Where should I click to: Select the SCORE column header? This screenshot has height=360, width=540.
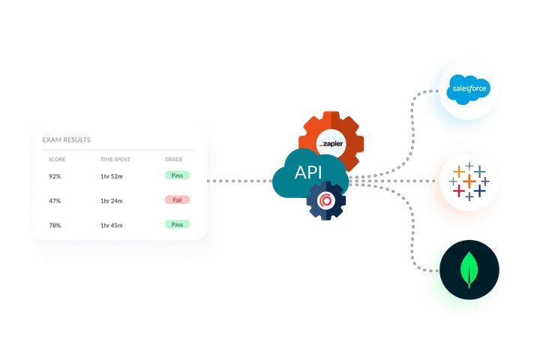57,160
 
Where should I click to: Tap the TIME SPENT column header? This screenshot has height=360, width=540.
116,160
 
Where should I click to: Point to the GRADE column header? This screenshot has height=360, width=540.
174,160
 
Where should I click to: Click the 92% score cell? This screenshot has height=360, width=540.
55,175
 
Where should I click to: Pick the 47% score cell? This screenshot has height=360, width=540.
55,200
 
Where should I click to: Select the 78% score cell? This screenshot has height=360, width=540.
55,225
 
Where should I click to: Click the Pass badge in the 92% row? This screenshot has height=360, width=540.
177,175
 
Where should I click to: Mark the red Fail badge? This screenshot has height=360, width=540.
177,199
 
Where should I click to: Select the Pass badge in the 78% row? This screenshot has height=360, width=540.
177,224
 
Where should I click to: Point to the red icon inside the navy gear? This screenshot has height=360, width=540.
326,201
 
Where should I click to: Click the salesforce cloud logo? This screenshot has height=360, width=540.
469,90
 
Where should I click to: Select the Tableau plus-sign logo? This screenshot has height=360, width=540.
469,181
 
